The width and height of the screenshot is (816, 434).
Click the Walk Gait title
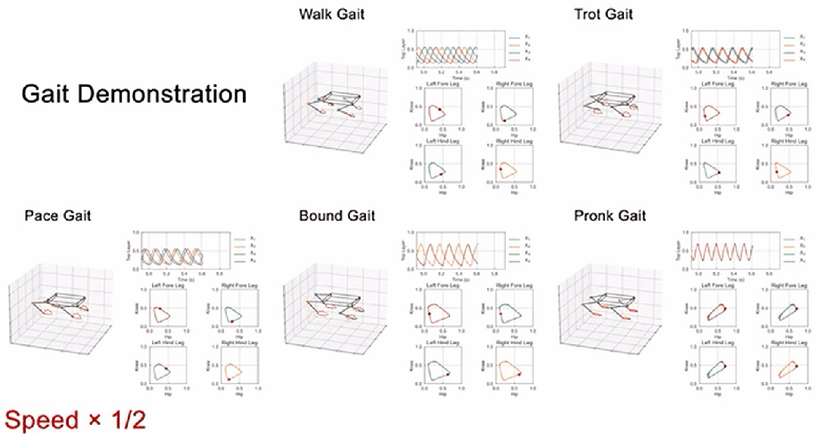coord(332,14)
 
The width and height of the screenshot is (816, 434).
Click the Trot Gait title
coord(603,14)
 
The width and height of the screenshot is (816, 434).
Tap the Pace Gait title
coord(57,216)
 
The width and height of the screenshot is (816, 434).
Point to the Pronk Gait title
coord(609,216)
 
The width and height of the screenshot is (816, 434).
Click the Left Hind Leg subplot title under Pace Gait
coord(165,345)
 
